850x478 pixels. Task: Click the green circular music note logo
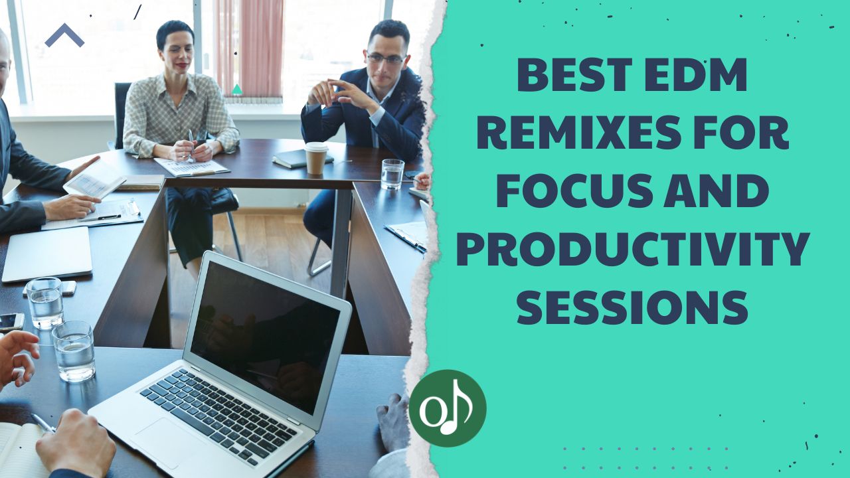pyautogui.click(x=448, y=408)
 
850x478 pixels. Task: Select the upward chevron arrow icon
pyautogui.click(x=64, y=35)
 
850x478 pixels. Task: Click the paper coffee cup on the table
pyautogui.click(x=316, y=158)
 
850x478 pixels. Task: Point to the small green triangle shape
pyautogui.click(x=236, y=89)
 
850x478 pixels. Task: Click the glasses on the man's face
pyautogui.click(x=385, y=58)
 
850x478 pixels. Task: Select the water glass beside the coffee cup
pyautogui.click(x=392, y=174)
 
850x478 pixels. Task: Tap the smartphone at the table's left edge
pyautogui.click(x=11, y=322)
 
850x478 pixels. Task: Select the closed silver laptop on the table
pyautogui.click(x=46, y=253)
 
